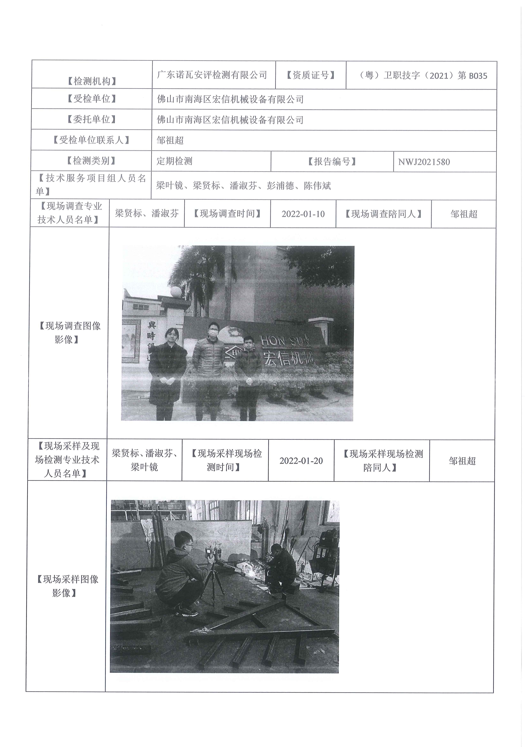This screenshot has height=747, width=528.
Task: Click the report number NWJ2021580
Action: click(424, 162)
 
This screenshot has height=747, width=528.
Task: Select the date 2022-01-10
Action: click(303, 214)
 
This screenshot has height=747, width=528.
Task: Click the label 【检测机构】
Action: click(92, 81)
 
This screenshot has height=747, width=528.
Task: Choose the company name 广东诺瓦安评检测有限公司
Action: click(212, 75)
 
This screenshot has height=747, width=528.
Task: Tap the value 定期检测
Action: click(175, 161)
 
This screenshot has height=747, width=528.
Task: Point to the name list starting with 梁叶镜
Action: click(243, 186)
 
